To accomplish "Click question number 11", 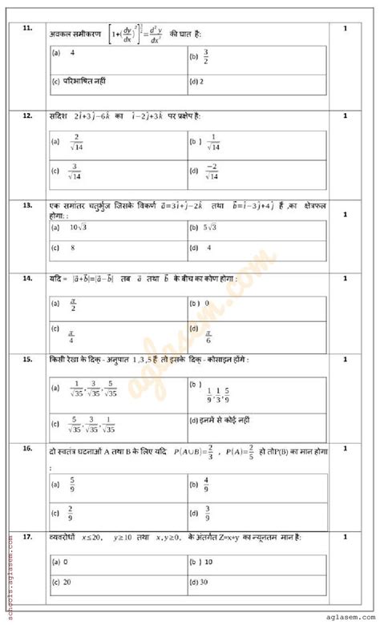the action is coord(27,29).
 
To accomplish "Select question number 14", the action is coord(27,278).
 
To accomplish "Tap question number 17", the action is coord(27,536).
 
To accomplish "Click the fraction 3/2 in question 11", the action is coord(205,57).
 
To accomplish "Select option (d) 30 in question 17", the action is coord(200,582).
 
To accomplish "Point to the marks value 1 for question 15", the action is coord(345,360).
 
